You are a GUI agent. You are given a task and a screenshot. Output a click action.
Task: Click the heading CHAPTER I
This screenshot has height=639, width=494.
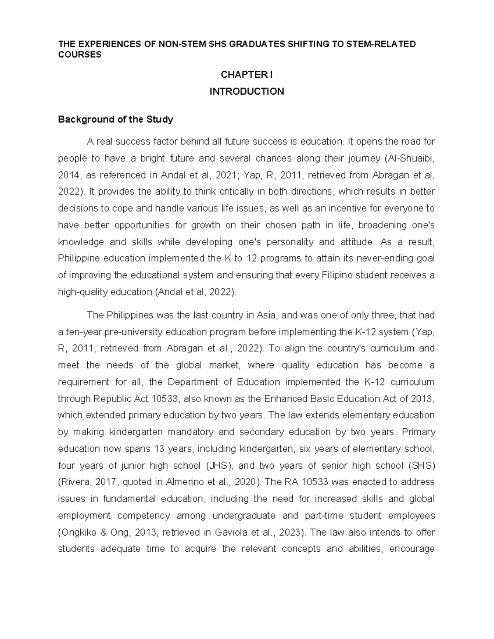pos(247,74)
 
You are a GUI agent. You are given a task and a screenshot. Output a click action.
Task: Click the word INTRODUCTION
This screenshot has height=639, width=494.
pos(247,91)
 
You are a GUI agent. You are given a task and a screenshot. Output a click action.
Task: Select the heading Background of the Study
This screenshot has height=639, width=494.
pos(115,120)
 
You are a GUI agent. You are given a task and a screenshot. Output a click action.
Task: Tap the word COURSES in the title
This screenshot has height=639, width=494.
pos(79,54)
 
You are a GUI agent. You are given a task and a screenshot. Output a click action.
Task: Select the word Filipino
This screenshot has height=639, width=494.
pos(336,275)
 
